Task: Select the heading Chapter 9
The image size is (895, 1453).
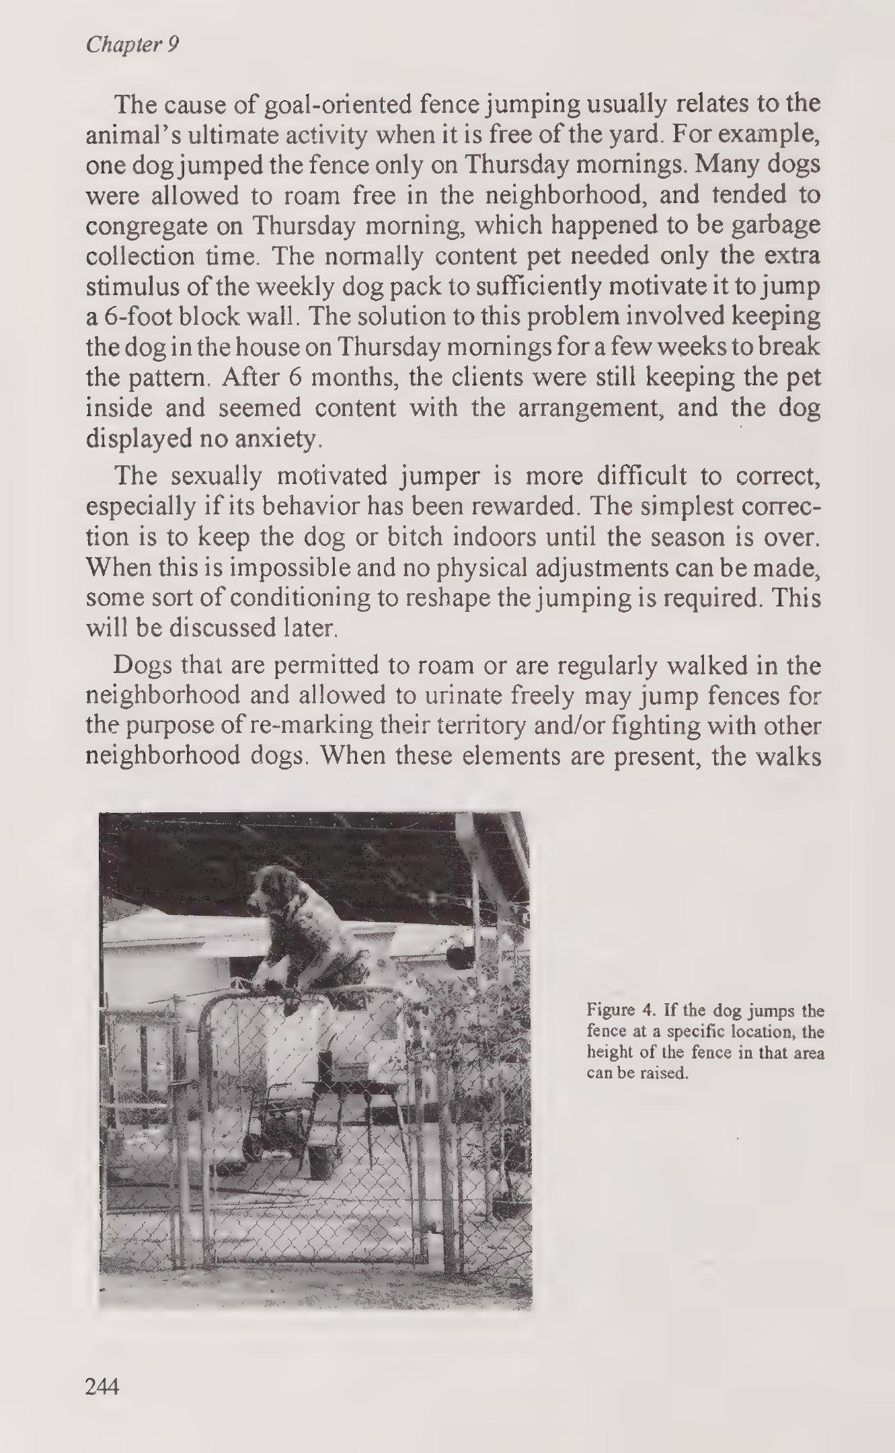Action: coord(132,45)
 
